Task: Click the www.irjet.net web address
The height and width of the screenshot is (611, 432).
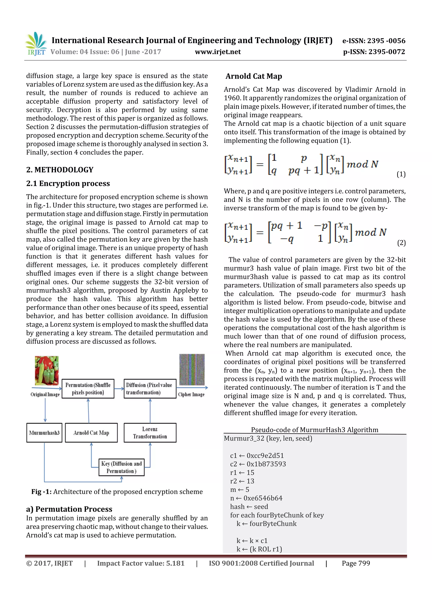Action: click(218, 52)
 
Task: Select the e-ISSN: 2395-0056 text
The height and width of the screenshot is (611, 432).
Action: click(374, 41)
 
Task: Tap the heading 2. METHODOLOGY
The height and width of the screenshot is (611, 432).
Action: click(60, 170)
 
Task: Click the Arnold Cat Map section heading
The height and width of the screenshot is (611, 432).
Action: click(254, 76)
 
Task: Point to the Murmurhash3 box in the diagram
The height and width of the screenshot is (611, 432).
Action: click(44, 433)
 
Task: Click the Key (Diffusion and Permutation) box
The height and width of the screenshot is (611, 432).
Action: click(121, 468)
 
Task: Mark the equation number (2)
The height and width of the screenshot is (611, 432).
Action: click(401, 243)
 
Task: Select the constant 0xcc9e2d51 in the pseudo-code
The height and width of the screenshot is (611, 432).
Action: click(265, 456)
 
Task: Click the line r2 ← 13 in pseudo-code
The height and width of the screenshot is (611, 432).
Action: click(242, 481)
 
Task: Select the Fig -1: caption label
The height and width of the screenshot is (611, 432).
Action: click(41, 492)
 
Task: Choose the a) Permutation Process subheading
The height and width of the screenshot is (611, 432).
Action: click(69, 509)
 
